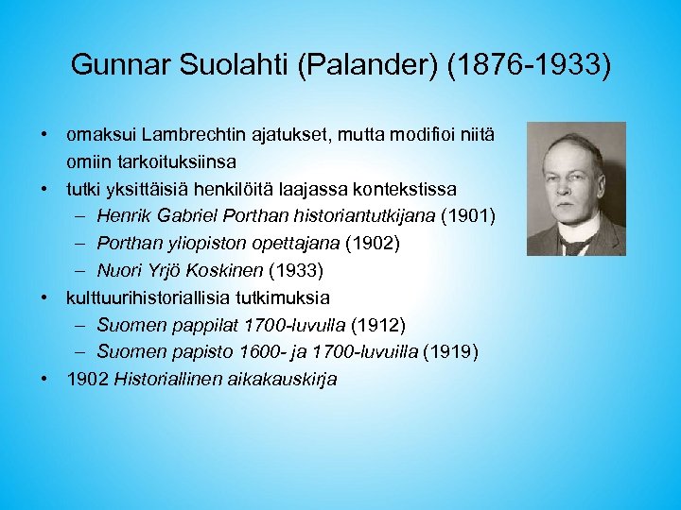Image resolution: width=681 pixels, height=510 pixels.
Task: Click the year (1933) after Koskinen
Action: [x=297, y=271]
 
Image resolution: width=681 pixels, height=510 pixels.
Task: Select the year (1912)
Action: [x=377, y=325]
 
